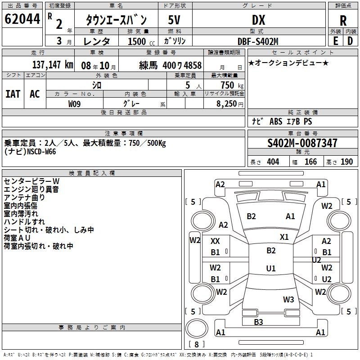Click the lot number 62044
pyautogui.click(x=22, y=20)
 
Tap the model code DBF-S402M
pyautogui.click(x=258, y=41)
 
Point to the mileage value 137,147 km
pyautogui.click(x=53, y=65)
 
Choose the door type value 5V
pyautogui.click(x=175, y=20)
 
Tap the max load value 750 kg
pyautogui.click(x=229, y=85)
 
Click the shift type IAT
pyautogui.click(x=13, y=94)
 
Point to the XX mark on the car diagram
pyautogui.click(x=216, y=241)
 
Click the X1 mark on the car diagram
pyautogui.click(x=284, y=237)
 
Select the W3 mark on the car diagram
pyautogui.click(x=288, y=299)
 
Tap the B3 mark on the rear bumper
pyautogui.click(x=258, y=322)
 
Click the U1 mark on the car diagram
pyautogui.click(x=271, y=268)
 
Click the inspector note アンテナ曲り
pyautogui.click(x=24, y=197)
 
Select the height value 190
pyautogui.click(x=346, y=162)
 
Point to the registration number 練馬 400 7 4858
pyautogui.click(x=171, y=65)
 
